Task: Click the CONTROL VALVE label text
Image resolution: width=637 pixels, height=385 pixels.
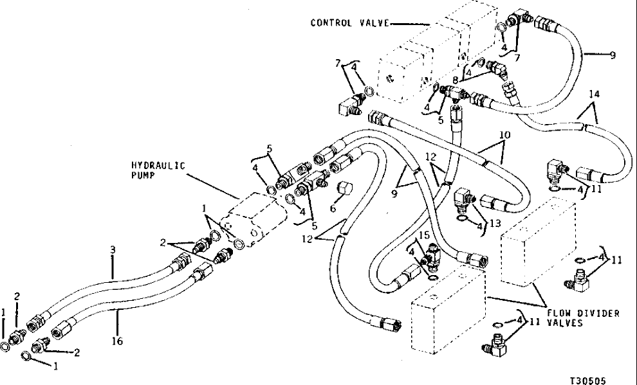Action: (x=349, y=22)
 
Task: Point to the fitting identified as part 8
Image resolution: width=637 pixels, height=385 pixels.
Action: (x=495, y=66)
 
